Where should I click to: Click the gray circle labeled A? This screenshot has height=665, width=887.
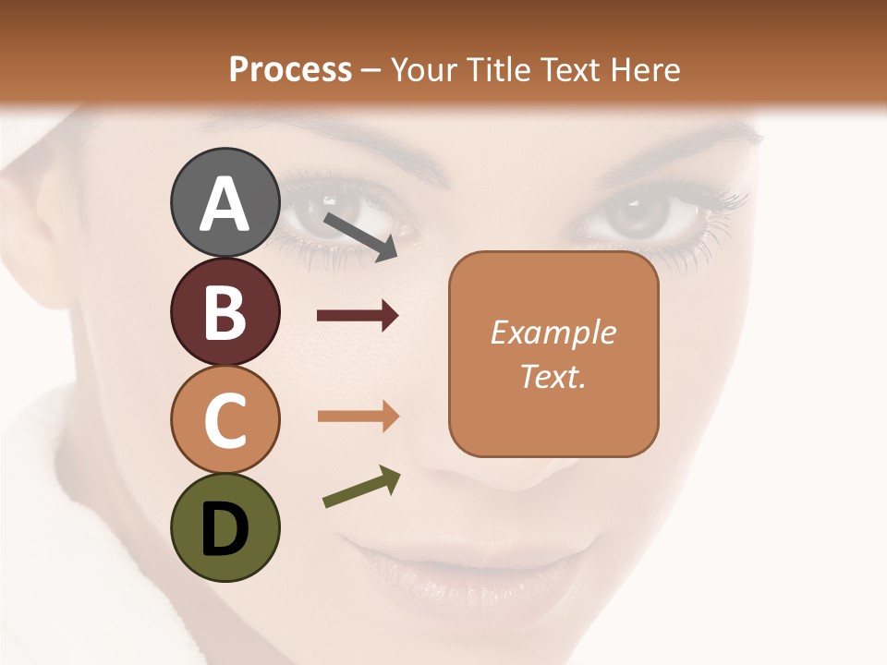[225, 202]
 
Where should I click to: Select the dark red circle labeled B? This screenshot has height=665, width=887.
[225, 311]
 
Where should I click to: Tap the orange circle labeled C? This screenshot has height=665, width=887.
[225, 419]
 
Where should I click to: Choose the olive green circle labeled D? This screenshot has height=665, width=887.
[225, 527]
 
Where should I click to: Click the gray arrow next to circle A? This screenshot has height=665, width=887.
[360, 236]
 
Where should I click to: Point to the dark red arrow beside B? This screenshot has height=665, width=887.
[358, 316]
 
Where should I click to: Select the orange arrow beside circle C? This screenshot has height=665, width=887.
[358, 416]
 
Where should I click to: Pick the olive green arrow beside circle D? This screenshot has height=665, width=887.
[361, 487]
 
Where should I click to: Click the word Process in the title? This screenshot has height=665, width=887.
[290, 69]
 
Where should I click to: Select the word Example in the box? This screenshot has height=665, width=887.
[553, 332]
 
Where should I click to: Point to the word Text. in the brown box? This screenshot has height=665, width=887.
[553, 376]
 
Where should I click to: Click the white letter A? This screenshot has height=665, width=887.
[225, 204]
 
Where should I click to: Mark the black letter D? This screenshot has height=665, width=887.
[225, 529]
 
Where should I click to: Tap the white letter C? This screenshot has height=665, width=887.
[225, 421]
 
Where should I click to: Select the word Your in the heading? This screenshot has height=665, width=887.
[426, 69]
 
